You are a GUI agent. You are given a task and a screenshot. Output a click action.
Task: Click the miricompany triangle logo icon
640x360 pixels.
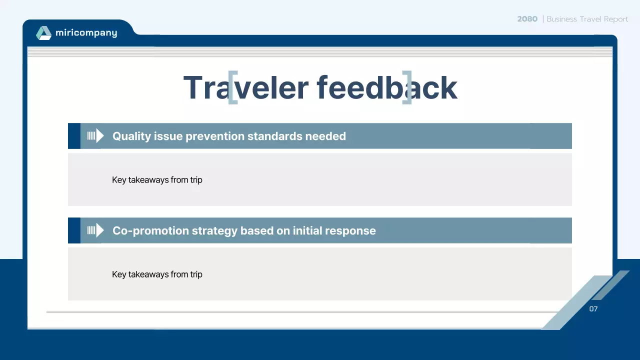(43, 33)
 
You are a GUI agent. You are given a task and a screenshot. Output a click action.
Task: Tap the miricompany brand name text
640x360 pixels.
(86, 33)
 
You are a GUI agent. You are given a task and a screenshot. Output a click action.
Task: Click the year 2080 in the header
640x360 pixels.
(527, 19)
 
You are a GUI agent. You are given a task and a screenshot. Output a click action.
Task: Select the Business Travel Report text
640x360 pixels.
(587, 19)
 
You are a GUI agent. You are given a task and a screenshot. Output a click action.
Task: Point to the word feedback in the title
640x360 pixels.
(387, 88)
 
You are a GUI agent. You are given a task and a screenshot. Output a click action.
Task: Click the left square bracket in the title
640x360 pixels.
(232, 87)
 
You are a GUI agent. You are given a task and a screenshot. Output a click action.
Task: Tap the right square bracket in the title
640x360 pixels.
(407, 87)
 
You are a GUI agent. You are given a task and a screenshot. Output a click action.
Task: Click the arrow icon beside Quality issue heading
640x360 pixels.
(95, 136)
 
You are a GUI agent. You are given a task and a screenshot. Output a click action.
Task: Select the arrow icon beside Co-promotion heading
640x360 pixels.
(95, 230)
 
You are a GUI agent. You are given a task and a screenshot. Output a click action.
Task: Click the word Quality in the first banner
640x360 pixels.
(129, 136)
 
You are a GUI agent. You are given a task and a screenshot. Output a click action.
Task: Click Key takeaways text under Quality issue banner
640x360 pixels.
(157, 180)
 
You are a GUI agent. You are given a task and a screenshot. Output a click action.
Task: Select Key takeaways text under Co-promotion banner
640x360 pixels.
(157, 274)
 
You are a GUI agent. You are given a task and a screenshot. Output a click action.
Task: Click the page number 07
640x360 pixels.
(593, 309)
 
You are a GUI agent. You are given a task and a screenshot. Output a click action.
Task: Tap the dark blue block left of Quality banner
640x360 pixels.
(74, 136)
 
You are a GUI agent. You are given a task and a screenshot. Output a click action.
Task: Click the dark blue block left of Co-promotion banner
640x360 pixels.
(74, 230)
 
